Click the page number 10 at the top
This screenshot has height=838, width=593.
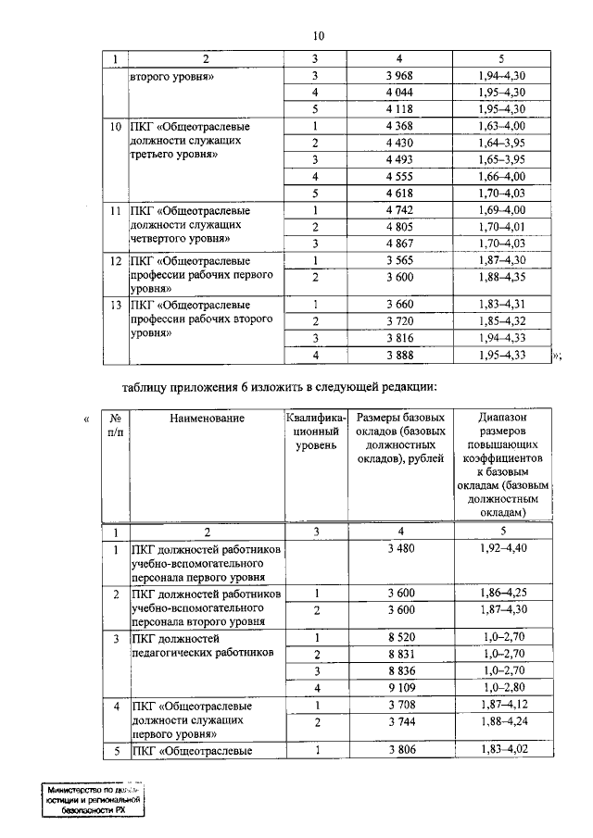[318, 36]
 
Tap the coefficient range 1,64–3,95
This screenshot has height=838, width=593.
[502, 143]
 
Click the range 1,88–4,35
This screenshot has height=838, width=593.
[502, 277]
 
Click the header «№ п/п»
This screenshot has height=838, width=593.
[115, 426]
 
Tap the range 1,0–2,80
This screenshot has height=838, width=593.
[502, 688]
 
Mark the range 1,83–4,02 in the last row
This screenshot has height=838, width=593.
[502, 749]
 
